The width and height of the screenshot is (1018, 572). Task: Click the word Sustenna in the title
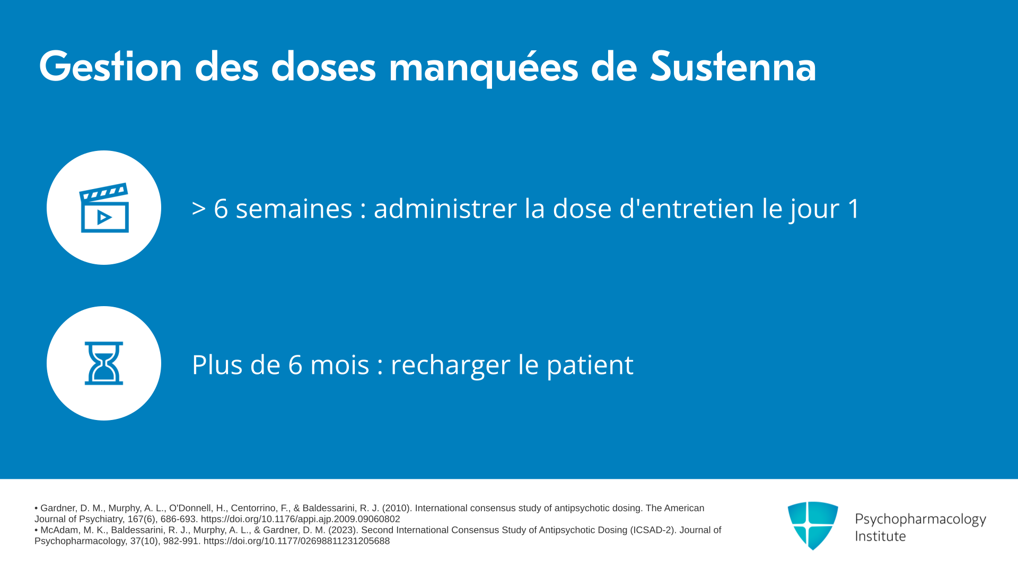pos(733,66)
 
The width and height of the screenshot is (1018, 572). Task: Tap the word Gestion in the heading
pos(111,66)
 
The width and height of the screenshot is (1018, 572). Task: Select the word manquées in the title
pos(484,67)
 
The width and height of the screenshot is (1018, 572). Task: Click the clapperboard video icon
pos(104,208)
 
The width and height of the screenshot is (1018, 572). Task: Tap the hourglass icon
pos(104,363)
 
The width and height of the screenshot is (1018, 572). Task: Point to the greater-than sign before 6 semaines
pos(199,209)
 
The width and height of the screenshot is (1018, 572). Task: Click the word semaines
pos(294,208)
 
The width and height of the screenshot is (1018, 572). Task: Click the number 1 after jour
pos(854,208)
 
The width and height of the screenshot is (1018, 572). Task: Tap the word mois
pos(340,364)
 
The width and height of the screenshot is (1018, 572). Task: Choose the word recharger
pos(451,365)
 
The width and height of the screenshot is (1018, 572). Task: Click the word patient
pos(590,365)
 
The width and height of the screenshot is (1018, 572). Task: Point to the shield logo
pos(813,525)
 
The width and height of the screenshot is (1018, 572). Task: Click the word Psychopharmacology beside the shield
pos(920,520)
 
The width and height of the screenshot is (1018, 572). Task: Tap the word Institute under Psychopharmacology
pos(881,537)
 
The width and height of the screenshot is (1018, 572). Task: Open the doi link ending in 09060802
pos(301,520)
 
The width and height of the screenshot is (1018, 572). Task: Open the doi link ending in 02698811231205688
pos(297,541)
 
